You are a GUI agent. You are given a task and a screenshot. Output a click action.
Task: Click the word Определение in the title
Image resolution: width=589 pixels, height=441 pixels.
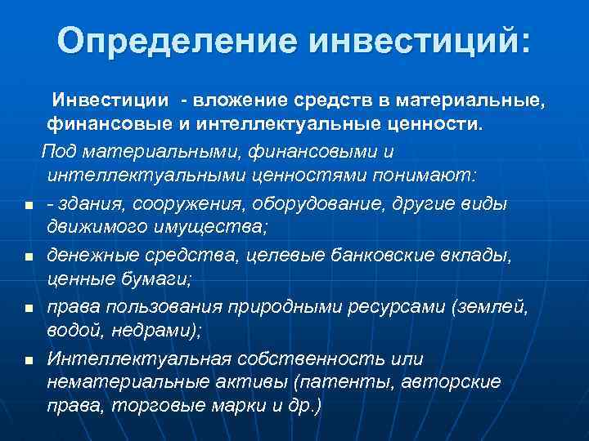pyautogui.click(x=169, y=40)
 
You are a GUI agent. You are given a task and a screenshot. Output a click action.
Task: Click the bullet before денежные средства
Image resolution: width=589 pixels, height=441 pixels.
pyautogui.click(x=28, y=257)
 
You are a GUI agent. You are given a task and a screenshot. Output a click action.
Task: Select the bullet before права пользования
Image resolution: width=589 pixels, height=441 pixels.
pyautogui.click(x=28, y=310)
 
